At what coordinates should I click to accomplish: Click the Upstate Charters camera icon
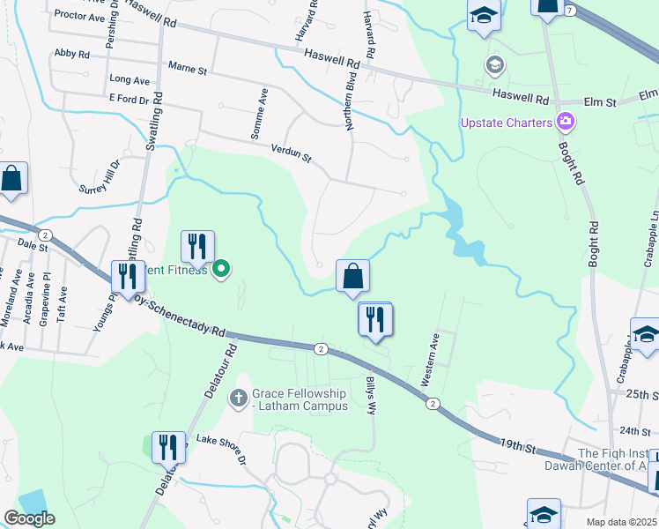[x=565, y=122]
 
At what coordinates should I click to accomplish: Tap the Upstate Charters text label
[x=506, y=123]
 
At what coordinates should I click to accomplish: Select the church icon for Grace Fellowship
[x=238, y=399]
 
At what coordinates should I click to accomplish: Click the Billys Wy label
[x=371, y=395]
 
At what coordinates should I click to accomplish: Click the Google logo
[x=29, y=518]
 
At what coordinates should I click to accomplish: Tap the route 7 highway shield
[x=570, y=10]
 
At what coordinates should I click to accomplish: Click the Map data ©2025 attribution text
[x=621, y=522]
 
